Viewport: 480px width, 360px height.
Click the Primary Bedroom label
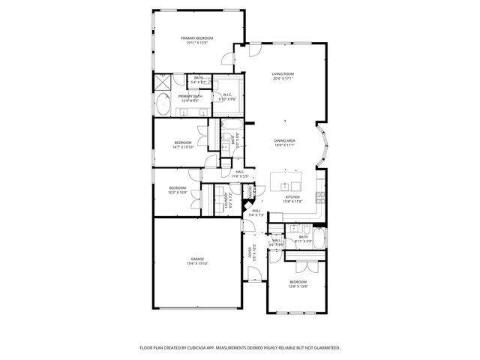click(x=197, y=38)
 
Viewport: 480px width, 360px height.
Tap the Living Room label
click(x=282, y=74)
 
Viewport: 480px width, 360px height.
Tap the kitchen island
click(x=286, y=181)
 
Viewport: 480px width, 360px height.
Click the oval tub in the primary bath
click(x=163, y=105)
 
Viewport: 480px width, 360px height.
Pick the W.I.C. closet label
click(x=227, y=94)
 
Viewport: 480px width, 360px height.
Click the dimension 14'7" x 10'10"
click(x=183, y=148)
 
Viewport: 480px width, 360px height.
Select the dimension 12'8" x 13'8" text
click(x=298, y=286)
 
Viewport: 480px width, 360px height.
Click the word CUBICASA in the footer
click(x=218, y=348)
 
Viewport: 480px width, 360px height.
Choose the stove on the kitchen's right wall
click(x=321, y=198)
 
